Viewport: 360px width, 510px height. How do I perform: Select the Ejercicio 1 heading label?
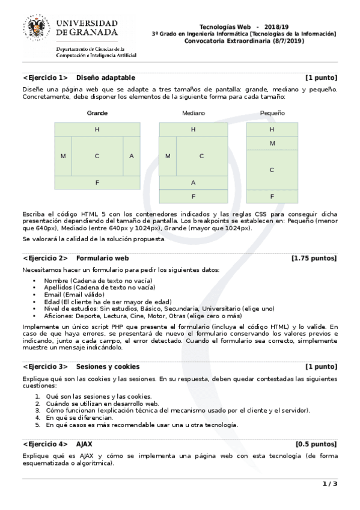[45, 78]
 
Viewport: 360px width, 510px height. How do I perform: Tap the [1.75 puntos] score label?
[314, 258]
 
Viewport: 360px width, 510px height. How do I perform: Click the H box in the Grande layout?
[97, 129]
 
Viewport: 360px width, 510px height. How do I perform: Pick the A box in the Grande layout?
[132, 156]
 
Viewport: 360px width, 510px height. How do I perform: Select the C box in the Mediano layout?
[202, 156]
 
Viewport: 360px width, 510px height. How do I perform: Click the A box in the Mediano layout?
[193, 182]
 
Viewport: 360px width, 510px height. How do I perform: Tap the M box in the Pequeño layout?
[272, 143]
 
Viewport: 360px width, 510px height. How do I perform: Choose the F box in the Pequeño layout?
[272, 196]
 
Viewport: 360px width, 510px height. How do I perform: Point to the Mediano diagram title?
[194, 113]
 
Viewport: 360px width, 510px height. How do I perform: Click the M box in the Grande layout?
[63, 156]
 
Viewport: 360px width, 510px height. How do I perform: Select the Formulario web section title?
[103, 258]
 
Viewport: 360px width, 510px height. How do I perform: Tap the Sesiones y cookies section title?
[108, 366]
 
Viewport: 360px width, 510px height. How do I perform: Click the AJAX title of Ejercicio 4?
[84, 444]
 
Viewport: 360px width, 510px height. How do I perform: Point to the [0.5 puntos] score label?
[316, 444]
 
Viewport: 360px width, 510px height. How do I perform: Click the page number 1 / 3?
[330, 484]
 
